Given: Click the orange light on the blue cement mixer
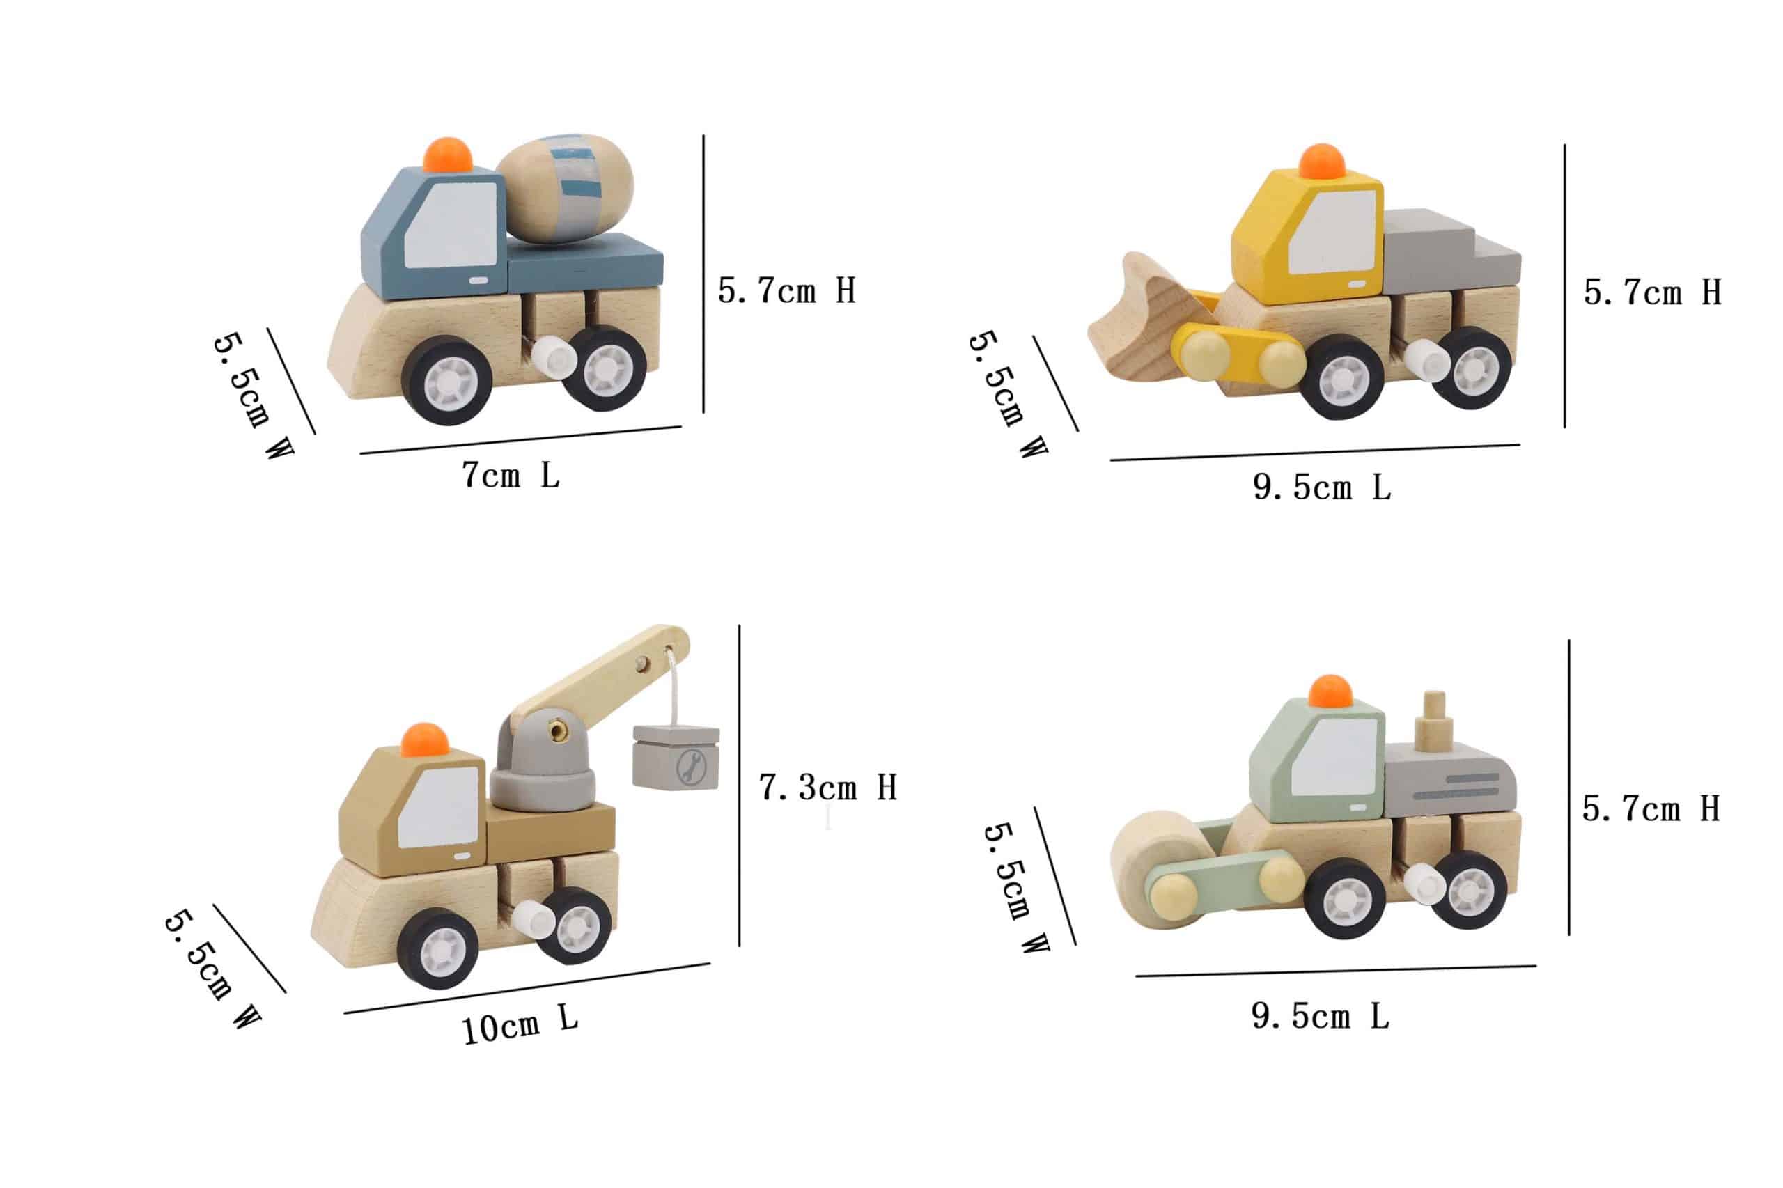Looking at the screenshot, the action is pos(447,155).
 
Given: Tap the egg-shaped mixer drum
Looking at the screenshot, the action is pos(566,189).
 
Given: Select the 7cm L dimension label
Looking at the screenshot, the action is pos(511,475).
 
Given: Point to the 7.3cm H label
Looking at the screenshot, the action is pos(828,788).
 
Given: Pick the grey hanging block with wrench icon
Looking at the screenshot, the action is pos(676,758).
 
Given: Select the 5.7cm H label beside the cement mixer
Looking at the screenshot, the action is pos(786,290).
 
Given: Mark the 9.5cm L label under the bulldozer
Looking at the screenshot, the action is pos(1321,487).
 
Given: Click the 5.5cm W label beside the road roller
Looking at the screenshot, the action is pos(1015,887).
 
